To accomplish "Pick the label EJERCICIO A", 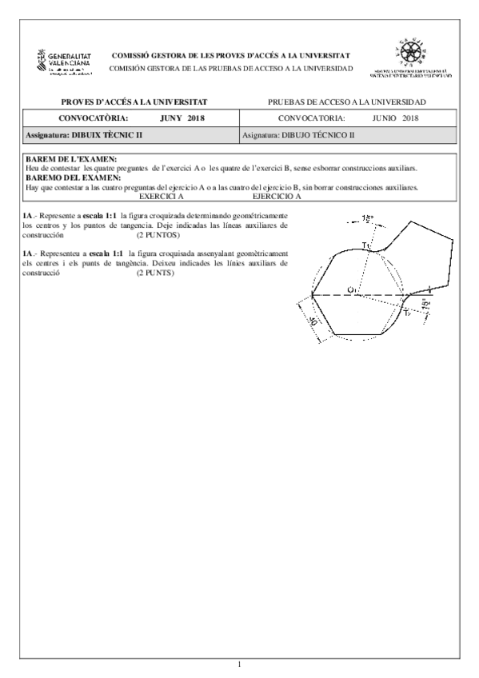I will pyautogui.click(x=276, y=196).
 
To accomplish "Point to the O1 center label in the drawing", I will pyautogui.click(x=353, y=289).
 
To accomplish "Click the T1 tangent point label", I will pyautogui.click(x=365, y=244).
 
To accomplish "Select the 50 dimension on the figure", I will pyautogui.click(x=313, y=321).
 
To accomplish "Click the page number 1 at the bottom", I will pyautogui.click(x=240, y=664).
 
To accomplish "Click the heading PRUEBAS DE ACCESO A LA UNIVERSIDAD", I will pyautogui.click(x=348, y=102).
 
